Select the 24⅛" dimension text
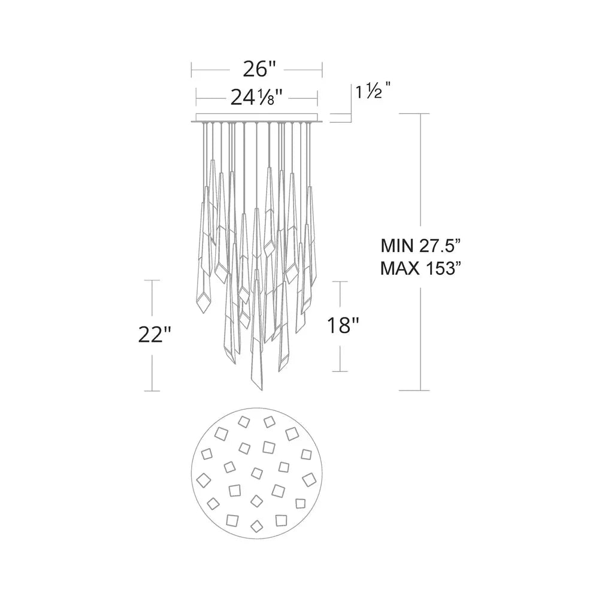[256, 96]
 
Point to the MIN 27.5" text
[423, 246]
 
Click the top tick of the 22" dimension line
[154, 280]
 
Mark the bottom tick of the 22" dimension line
[154, 391]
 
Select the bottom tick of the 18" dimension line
[341, 371]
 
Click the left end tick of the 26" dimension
[191, 69]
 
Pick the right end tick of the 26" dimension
[322, 69]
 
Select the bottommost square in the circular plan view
[256, 526]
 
